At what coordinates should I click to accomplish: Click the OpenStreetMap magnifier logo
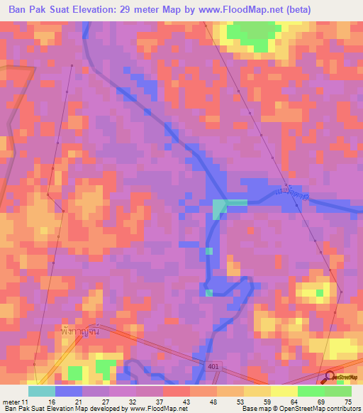pyautogui.click(x=330, y=378)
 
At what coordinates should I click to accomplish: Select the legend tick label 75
pyautogui.click(x=347, y=402)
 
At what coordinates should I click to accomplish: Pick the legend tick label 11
pyautogui.click(x=26, y=402)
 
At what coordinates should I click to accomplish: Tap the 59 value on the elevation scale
pyautogui.click(x=267, y=402)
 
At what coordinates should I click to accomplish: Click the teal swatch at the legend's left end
pyautogui.click(x=42, y=391)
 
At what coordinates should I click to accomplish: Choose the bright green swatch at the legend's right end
pyautogui.click(x=338, y=391)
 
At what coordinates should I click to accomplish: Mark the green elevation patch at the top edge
pyautogui.click(x=252, y=34)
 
